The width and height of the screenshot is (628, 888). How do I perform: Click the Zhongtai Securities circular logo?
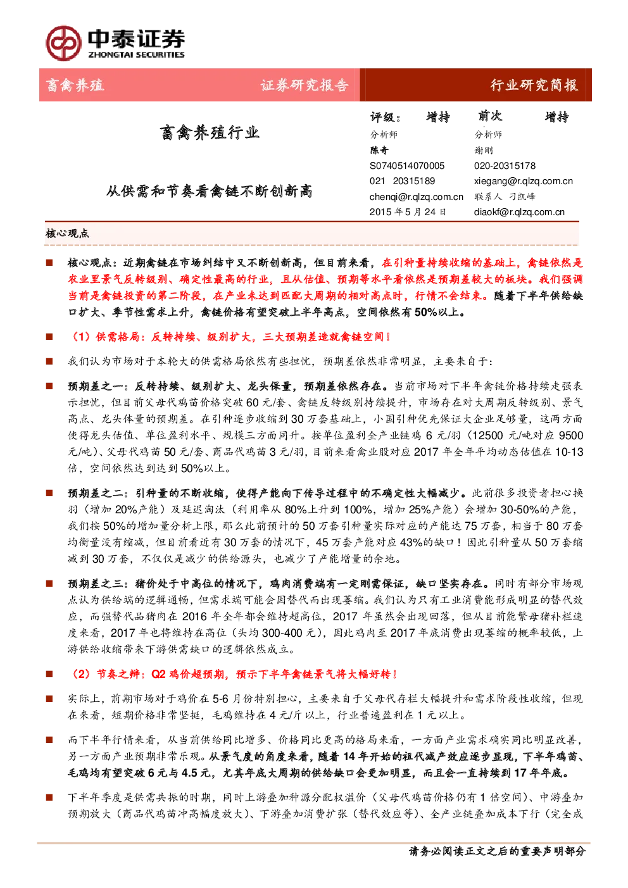tap(63, 43)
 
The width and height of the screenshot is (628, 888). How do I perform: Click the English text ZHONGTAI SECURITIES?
tap(136, 54)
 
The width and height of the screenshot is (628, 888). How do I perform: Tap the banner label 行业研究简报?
tap(534, 85)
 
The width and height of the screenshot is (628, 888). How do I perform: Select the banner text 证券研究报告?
tap(305, 85)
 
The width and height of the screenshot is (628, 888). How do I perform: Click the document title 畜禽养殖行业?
tap(210, 132)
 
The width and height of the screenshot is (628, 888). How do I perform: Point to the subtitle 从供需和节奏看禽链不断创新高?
tap(210, 191)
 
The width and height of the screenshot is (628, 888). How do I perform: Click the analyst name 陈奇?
tap(379, 150)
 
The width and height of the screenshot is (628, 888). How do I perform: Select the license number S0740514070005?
tap(407, 166)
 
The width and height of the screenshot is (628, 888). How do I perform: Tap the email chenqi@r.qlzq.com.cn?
tap(417, 197)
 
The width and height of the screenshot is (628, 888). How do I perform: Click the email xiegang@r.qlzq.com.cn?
tap(524, 181)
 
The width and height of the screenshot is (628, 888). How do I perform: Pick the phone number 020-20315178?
tap(505, 166)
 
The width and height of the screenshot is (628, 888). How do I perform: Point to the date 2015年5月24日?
tap(408, 212)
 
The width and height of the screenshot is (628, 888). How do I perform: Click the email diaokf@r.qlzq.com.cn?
tap(519, 212)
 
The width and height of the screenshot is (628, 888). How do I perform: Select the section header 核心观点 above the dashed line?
tap(67, 234)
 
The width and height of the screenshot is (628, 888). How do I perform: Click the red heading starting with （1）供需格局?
tap(229, 337)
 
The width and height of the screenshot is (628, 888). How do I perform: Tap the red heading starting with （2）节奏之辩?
tap(233, 674)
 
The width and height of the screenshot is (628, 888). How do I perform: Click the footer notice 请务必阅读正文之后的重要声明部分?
tap(497, 851)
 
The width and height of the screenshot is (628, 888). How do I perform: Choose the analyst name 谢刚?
tap(484, 150)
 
